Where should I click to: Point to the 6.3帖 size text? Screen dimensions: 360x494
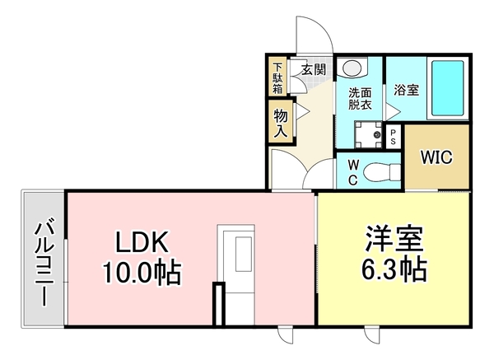(x=394, y=269)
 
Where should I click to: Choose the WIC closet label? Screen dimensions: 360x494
(x=436, y=158)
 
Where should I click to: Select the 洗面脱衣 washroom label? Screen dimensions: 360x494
(x=360, y=98)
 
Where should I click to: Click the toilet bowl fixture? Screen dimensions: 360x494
(x=379, y=170)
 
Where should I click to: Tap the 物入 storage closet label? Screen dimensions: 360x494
(x=279, y=122)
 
